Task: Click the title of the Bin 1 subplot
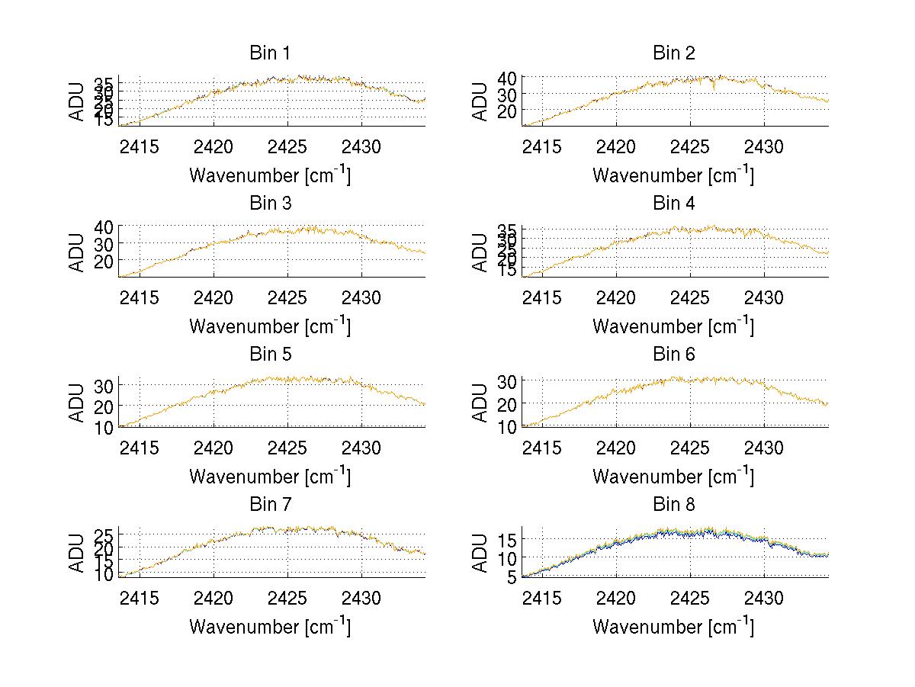[269, 53]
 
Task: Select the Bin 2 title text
[673, 53]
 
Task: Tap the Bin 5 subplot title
[269, 354]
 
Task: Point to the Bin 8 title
[673, 504]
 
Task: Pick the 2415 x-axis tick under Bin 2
[542, 146]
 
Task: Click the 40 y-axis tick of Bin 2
[508, 77]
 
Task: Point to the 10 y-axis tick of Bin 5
[104, 426]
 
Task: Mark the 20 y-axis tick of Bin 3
[104, 261]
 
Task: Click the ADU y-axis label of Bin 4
[480, 251]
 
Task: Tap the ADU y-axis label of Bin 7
[76, 552]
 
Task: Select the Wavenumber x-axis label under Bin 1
[269, 175]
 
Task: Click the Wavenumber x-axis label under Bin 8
[673, 627]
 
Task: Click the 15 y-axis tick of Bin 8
[508, 540]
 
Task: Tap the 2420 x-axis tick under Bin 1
[213, 146]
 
